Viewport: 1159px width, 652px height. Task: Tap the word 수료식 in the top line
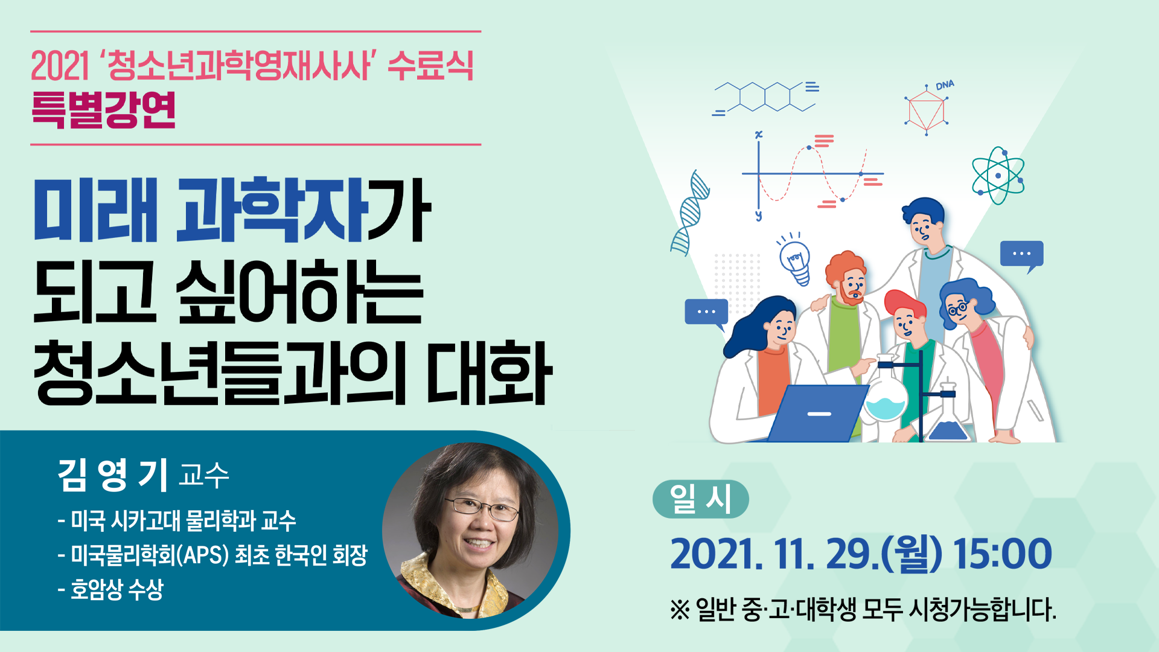pyautogui.click(x=430, y=65)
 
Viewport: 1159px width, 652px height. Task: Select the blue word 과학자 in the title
pyautogui.click(x=272, y=210)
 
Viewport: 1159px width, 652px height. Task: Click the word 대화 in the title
pyautogui.click(x=489, y=372)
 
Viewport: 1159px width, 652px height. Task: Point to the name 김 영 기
pyautogui.click(x=113, y=475)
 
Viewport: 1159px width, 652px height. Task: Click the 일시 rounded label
pyautogui.click(x=701, y=499)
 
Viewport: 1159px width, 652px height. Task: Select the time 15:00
pyautogui.click(x=1002, y=554)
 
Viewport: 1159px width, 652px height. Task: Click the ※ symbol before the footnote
pyautogui.click(x=680, y=610)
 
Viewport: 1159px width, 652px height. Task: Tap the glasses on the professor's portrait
pyautogui.click(x=482, y=508)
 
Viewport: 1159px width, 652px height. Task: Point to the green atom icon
pyautogui.click(x=998, y=176)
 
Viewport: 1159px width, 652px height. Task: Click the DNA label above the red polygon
pyautogui.click(x=945, y=86)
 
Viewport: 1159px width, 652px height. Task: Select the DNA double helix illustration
pyautogui.click(x=689, y=213)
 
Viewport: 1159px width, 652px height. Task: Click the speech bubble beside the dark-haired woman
pyautogui.click(x=706, y=313)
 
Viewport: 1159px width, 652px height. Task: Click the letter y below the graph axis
pyautogui.click(x=758, y=216)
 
